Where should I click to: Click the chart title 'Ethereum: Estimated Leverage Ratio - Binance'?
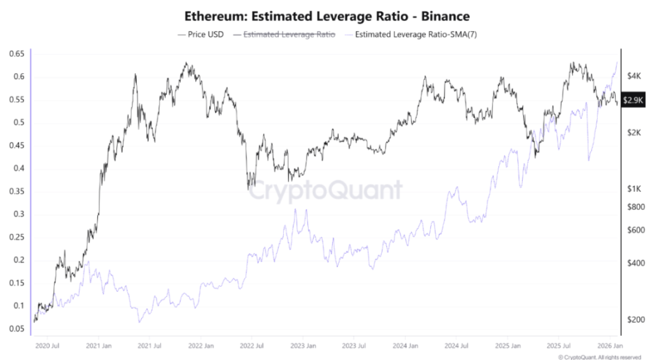[325, 15]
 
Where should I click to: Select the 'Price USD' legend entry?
[201, 34]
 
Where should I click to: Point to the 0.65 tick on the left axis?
[16, 54]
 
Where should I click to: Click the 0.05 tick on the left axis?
[16, 329]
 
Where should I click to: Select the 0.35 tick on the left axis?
[16, 191]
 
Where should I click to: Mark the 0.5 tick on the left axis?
[18, 123]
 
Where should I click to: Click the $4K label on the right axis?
[634, 76]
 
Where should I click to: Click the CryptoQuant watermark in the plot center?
[325, 190]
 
